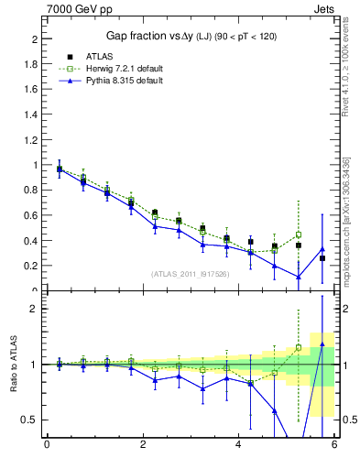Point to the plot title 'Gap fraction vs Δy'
coord(147,36)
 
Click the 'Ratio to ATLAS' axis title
coord(15,364)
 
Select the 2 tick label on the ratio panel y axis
coord(36,309)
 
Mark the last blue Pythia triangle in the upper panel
coord(322,249)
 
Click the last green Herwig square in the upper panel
coord(298,234)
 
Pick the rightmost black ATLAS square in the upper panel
coord(322,258)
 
